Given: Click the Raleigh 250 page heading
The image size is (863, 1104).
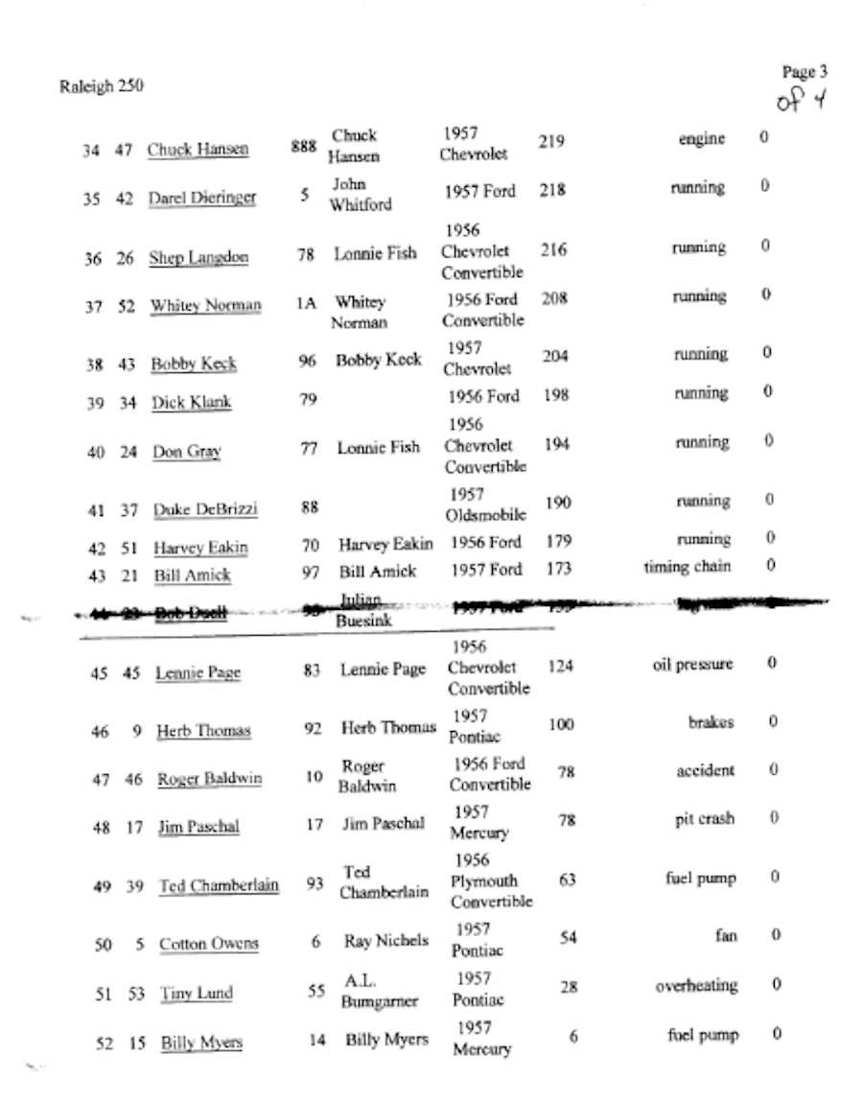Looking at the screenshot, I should (101, 86).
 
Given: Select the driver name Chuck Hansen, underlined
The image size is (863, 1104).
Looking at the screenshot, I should (198, 150).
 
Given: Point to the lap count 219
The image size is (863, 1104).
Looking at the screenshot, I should (551, 142).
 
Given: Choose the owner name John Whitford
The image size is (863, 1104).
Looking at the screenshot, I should (361, 194).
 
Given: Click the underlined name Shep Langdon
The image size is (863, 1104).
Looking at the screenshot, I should (198, 258).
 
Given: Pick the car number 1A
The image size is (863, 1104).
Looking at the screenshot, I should (306, 303).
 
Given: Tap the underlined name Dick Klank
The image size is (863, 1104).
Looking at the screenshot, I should (191, 403).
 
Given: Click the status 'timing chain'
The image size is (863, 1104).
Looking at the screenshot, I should (687, 567).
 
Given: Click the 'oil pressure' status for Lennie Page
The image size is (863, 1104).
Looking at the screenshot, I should (692, 665).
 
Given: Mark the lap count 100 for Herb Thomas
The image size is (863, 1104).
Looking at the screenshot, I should (561, 724).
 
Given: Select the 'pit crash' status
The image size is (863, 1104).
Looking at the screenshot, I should (704, 819).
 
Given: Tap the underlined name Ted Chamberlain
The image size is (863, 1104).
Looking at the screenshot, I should (219, 886).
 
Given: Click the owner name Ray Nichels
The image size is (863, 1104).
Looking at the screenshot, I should (385, 941).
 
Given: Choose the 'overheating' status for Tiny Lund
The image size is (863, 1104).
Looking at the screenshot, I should (696, 985).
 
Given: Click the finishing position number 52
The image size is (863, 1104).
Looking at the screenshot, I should (105, 1045).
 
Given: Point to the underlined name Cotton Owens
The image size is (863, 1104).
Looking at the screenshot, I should (208, 944).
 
